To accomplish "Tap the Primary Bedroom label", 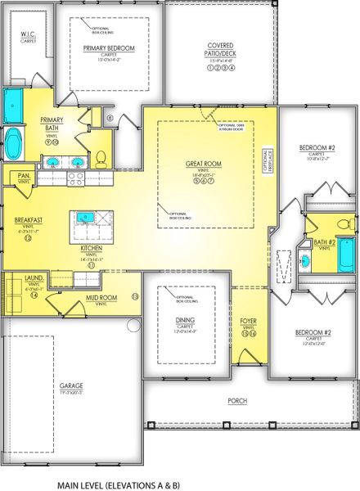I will (x=109, y=48).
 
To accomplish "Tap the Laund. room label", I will (x=34, y=280).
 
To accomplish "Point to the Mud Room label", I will (x=97, y=299).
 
